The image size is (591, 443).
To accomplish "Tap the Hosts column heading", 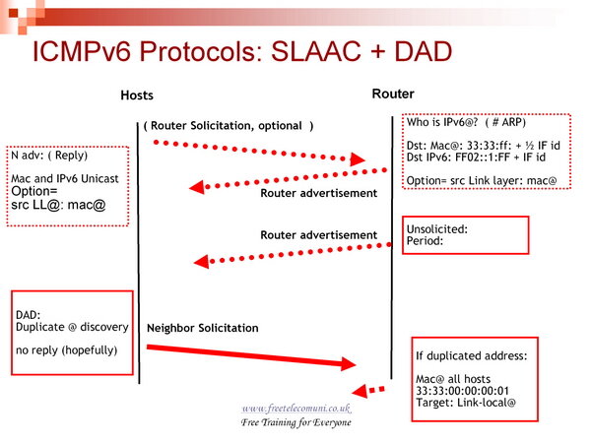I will click(137, 95).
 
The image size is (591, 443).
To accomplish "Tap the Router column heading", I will click(392, 95).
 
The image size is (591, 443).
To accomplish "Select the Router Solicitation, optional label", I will click(229, 126).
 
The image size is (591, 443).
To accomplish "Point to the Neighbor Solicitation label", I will click(202, 327).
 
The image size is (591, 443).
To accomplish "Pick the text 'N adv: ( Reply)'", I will click(47, 156).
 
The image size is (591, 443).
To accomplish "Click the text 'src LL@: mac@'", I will click(57, 206).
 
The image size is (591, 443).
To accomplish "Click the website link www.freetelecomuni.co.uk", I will click(295, 408).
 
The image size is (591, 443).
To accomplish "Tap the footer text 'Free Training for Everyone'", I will click(295, 422).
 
